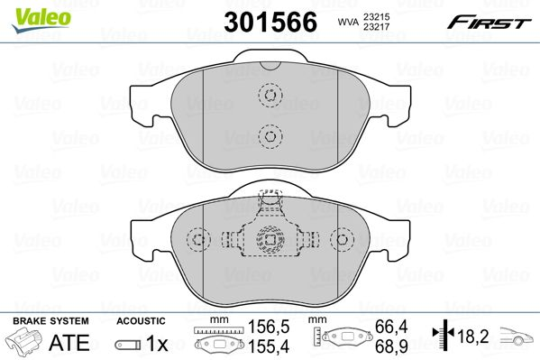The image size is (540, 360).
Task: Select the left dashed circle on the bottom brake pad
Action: point(198,239)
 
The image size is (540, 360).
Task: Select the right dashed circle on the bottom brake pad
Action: point(341,239)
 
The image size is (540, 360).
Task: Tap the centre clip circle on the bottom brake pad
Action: point(269,240)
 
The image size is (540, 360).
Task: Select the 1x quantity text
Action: point(157,344)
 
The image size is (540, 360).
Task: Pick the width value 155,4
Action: point(264,346)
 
